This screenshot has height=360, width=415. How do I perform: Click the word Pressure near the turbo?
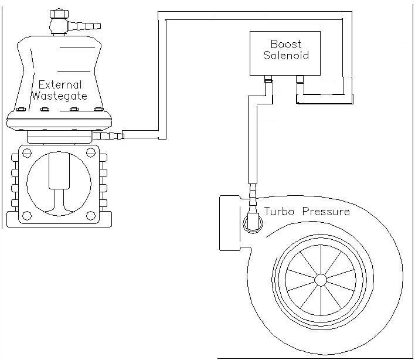325,212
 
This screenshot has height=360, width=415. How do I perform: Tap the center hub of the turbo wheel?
321,280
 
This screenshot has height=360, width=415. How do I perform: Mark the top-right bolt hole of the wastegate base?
90,154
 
